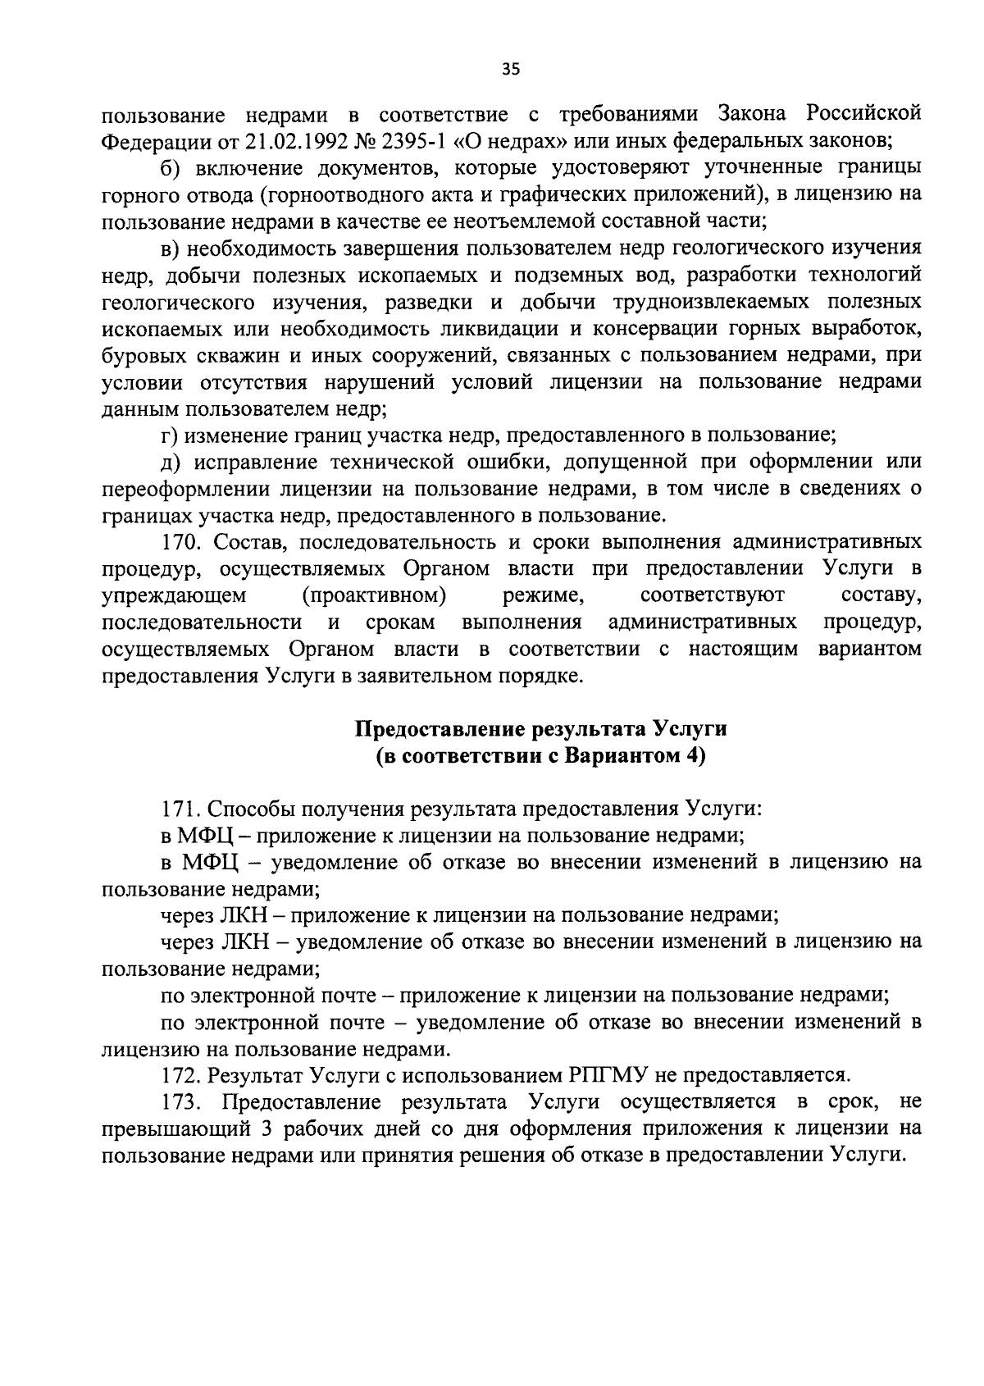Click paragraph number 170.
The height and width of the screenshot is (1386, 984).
click(180, 542)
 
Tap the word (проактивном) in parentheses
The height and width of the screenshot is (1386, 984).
click(374, 594)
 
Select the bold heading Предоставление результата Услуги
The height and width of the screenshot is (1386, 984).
click(540, 729)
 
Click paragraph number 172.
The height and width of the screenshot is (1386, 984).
click(180, 1074)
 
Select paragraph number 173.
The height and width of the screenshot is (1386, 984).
click(180, 1101)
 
